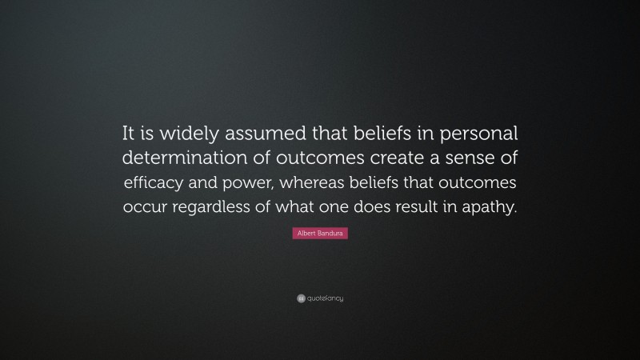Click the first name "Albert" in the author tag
(308, 234)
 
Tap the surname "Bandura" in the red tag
(331, 234)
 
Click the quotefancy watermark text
(325, 298)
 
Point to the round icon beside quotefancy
(301, 298)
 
